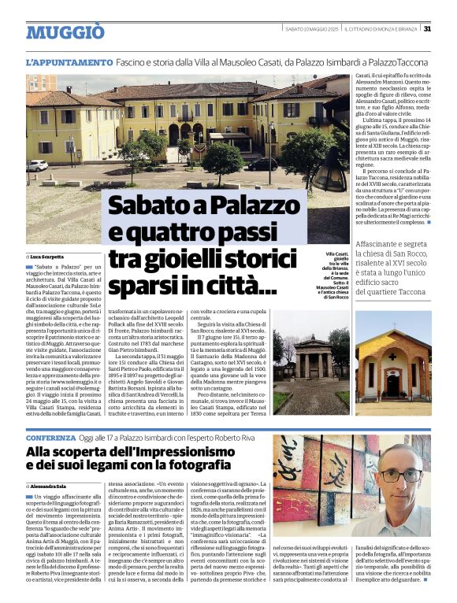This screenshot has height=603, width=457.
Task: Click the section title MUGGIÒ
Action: click(65, 32)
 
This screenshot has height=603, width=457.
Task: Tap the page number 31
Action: click(426, 29)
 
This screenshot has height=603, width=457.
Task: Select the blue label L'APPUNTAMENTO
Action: click(69, 62)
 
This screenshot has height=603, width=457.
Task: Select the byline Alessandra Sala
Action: click(50, 466)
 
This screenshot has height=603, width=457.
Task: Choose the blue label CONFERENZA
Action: click(51, 436)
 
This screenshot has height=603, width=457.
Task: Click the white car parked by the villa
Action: click(36, 165)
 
